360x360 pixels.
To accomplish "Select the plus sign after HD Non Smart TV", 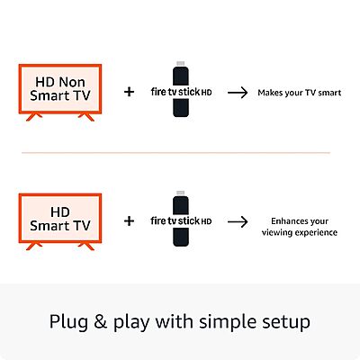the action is coord(129,92).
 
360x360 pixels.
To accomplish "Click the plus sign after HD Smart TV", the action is coord(129,221).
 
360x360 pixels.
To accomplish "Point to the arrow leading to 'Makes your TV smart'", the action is coord(238,93).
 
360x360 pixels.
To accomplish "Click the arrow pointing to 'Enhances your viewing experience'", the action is coord(238,222).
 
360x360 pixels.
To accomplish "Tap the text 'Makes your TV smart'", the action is coord(300,93).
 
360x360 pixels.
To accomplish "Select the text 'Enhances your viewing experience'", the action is coord(300,227).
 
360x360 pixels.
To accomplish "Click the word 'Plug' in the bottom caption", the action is coord(69,322).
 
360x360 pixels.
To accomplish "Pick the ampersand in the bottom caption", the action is coord(101,321).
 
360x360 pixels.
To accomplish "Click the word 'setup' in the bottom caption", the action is coord(286,322).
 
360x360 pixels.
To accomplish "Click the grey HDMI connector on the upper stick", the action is coord(181,64).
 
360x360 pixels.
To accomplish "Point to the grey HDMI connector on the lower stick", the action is coord(181,193).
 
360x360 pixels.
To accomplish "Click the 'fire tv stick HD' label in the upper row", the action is coord(181,92).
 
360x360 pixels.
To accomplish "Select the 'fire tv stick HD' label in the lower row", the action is coord(181,221).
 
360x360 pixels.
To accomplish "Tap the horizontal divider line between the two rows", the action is coord(175,153).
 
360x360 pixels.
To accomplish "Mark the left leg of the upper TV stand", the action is coord(34,117).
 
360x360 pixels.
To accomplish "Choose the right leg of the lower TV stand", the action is coord(86,247).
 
